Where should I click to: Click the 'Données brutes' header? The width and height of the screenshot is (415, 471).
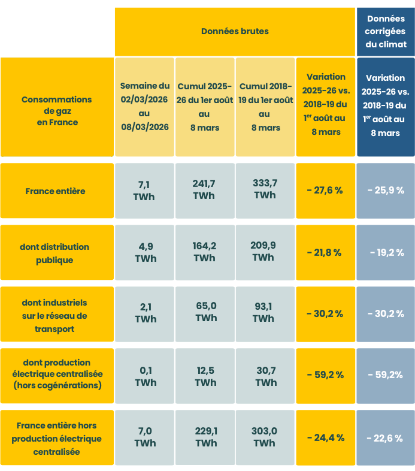235,31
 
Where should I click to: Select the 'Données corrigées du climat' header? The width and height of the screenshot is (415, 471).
386,32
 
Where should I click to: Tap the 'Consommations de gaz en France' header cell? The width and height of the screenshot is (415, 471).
57,110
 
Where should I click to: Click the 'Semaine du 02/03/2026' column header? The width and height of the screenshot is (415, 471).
144,107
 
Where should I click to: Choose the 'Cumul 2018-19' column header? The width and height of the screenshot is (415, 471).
265,107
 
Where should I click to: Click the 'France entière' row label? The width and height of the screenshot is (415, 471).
55,191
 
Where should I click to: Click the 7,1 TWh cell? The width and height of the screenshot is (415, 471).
145,190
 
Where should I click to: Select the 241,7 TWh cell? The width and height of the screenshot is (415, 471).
205,189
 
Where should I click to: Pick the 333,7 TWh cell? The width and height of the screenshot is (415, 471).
265,189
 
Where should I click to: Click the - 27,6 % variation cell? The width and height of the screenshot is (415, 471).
325,191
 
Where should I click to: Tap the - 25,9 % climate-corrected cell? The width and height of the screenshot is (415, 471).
386,191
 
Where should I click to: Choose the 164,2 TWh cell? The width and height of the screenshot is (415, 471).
205,252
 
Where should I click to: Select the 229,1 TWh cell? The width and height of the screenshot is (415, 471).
205,437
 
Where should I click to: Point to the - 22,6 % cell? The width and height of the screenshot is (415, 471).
386,439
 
